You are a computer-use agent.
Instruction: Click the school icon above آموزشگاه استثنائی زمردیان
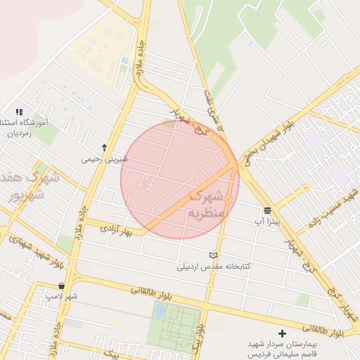click(x=19, y=112)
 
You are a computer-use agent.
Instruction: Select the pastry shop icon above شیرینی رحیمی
click(x=105, y=148)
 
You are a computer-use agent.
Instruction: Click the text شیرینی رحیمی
click(x=105, y=160)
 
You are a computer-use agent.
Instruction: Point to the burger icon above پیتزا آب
click(x=268, y=210)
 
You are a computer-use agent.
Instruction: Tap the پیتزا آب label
click(x=267, y=221)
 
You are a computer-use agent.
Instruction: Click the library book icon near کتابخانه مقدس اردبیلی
click(x=214, y=255)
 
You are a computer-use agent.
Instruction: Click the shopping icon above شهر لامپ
click(x=63, y=285)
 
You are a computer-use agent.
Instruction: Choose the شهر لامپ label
click(x=62, y=297)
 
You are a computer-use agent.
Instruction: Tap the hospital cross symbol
click(x=283, y=333)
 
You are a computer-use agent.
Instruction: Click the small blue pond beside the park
click(x=161, y=310)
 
